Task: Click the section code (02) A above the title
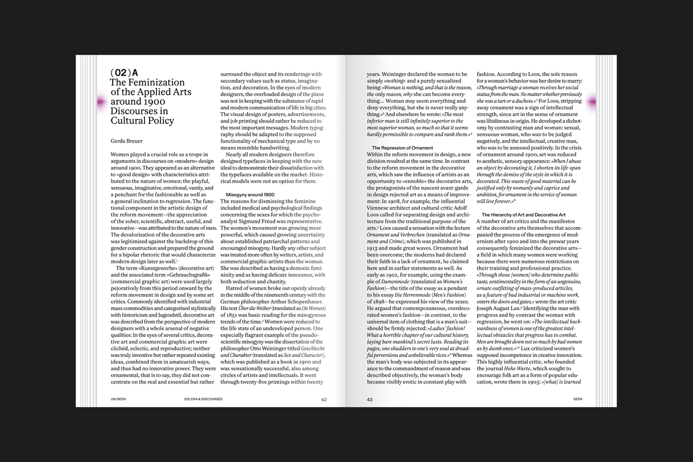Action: [x=124, y=73]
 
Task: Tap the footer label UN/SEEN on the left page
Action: [x=119, y=399]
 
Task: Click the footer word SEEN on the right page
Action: [x=577, y=399]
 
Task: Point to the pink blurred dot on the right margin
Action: [x=593, y=102]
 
